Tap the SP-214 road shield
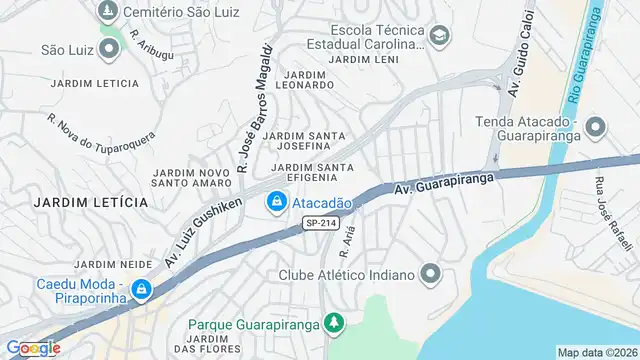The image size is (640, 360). pos(322,224)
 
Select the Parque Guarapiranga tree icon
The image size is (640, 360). pos(335,324)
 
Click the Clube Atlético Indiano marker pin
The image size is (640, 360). pos(431,274)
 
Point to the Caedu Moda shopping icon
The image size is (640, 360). pos(142,290)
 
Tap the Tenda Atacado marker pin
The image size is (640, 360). pos(595,127)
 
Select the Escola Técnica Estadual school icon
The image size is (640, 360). pos(438,37)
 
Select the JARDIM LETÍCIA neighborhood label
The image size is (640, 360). pos(90,202)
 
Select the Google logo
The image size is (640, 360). pos(33,348)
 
